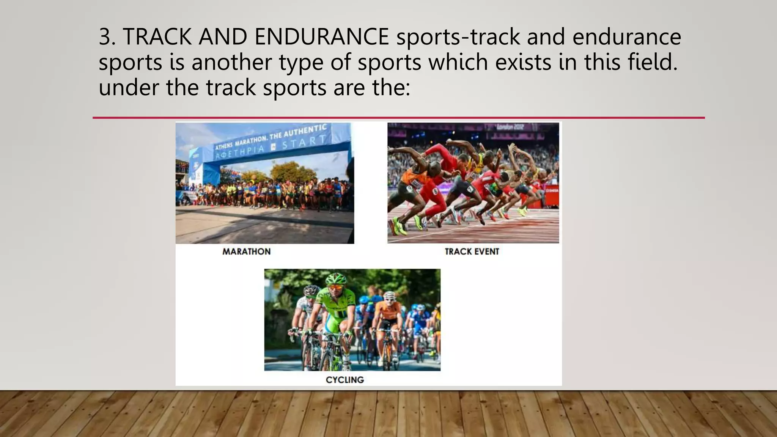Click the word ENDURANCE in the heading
click(322, 37)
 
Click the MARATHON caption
click(247, 252)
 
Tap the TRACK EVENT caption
click(472, 252)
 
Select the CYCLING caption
click(344, 380)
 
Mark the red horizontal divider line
click(398, 118)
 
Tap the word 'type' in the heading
click(301, 63)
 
